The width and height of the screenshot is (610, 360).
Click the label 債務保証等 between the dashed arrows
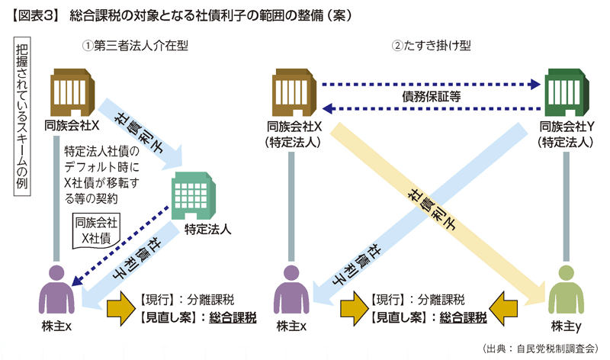(x=431, y=97)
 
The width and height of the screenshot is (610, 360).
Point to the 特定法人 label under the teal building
(x=207, y=229)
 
